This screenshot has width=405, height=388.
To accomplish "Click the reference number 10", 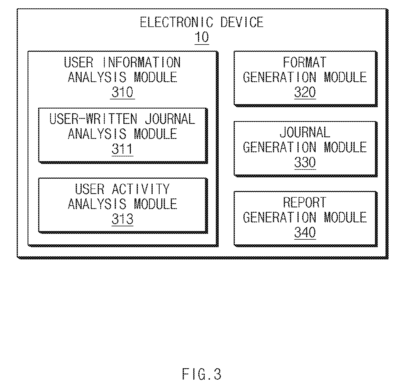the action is [202, 37].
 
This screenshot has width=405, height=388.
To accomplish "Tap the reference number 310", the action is [122, 92].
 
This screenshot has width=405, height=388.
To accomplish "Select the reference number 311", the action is [122, 149].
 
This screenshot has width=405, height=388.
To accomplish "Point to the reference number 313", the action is [122, 219].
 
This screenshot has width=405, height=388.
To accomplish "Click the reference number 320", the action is [305, 92].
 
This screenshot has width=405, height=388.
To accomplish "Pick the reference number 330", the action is [305, 162].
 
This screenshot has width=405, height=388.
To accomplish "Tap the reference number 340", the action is [305, 232].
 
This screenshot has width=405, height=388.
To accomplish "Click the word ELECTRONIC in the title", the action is [177, 22].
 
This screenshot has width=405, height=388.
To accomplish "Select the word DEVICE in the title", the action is [242, 22].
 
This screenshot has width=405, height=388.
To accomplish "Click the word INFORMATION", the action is [141, 62].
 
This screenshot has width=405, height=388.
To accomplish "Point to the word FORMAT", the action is [305, 62].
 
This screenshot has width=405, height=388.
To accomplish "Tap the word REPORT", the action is [305, 203].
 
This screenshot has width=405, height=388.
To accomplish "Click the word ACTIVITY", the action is [141, 189].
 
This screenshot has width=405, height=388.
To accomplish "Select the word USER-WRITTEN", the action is [93, 119].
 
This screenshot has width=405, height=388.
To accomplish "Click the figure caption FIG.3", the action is [202, 374].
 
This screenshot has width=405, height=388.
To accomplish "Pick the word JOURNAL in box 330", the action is [305, 132].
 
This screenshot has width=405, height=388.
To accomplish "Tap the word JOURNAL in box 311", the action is [170, 119].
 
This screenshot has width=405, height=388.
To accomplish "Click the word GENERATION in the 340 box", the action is [279, 217].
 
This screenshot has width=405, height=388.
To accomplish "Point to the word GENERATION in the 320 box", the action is [279, 77].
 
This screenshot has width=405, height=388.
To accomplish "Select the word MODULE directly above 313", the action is [155, 204].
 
